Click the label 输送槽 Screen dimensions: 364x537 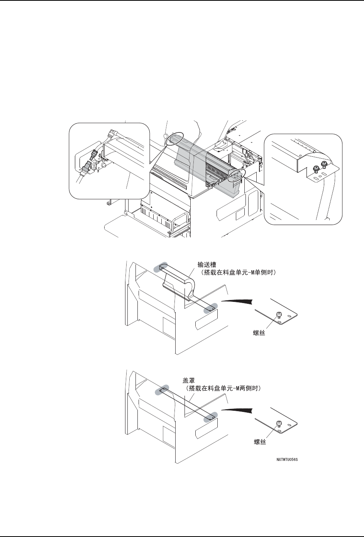pos(207,265)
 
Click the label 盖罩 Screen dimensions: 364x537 pos(189,380)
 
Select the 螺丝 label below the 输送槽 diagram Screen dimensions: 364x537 pos(259,333)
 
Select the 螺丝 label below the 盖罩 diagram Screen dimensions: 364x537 pos(260,442)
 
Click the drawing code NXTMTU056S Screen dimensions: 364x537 pos(287,459)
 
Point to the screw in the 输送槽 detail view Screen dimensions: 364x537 pos(279,314)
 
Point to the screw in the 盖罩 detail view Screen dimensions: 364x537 pos(279,424)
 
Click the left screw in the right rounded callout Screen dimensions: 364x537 pos(316,169)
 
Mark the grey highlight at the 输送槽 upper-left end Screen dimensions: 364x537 pos(161,267)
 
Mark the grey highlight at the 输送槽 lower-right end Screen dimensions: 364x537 pos(211,308)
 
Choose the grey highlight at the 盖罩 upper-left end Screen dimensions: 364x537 pos(161,391)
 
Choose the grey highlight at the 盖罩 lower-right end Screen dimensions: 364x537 pos(211,417)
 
